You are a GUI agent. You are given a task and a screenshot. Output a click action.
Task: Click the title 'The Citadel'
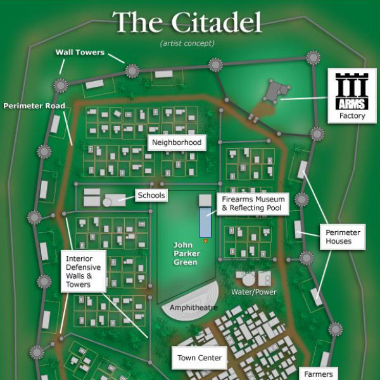pyautogui.click(x=187, y=23)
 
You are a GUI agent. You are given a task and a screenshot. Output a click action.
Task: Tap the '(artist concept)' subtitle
pyautogui.click(x=187, y=43)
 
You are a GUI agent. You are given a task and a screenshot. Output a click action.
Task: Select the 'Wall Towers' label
pyautogui.click(x=80, y=53)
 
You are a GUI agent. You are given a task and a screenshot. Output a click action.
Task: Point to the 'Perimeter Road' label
pyautogui.click(x=34, y=106)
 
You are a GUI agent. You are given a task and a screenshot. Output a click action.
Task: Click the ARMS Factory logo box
pyautogui.click(x=351, y=96)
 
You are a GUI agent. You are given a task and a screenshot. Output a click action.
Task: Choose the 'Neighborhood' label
pyautogui.click(x=177, y=142)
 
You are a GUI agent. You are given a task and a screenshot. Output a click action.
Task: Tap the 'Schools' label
pyautogui.click(x=151, y=195)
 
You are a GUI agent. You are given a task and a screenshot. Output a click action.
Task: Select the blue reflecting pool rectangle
pyautogui.click(x=205, y=222)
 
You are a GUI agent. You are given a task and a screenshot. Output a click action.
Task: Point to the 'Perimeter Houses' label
pyautogui.click(x=343, y=237)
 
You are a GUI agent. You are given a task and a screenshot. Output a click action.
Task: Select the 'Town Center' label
pyautogui.click(x=199, y=358)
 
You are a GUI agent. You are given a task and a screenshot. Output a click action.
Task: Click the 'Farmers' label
pyautogui.click(x=318, y=374)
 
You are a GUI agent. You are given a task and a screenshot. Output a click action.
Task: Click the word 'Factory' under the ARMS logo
pyautogui.click(x=351, y=116)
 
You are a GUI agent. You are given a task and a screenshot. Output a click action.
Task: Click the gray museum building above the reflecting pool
pyautogui.click(x=205, y=200)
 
